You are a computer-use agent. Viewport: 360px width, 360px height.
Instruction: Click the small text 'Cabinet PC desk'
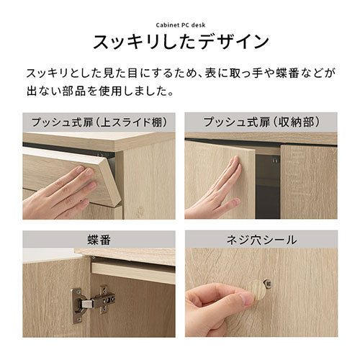[181, 25]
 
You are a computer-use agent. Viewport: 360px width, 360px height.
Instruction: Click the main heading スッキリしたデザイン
[181, 42]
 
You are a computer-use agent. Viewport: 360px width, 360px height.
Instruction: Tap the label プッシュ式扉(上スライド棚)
[99, 122]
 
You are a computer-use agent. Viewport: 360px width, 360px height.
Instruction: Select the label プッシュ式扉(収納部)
[261, 122]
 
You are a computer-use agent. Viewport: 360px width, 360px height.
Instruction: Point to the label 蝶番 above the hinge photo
[99, 240]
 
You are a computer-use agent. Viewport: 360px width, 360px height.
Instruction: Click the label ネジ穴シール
[261, 240]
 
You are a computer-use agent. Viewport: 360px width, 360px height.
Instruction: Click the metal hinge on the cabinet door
[92, 304]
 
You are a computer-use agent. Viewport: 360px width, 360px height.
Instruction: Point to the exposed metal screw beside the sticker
[269, 284]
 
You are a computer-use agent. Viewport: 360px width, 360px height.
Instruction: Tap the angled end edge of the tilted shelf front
[112, 179]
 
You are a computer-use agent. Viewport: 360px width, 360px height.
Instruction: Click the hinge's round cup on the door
[78, 306]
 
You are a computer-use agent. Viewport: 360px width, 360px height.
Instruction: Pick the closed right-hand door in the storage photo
[309, 181]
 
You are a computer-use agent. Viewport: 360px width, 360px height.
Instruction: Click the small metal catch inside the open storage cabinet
[276, 159]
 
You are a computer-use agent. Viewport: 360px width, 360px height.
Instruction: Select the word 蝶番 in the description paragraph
[287, 73]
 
